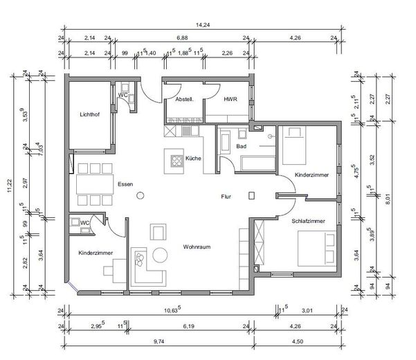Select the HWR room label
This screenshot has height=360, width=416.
[230, 100]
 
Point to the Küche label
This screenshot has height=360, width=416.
[194, 159]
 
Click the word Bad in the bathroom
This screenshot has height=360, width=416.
[242, 147]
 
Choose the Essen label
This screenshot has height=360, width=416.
[125, 185]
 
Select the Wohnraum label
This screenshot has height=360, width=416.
[197, 246]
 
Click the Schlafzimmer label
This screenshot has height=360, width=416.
[289, 220]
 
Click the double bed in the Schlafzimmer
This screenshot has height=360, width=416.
[315, 247]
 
